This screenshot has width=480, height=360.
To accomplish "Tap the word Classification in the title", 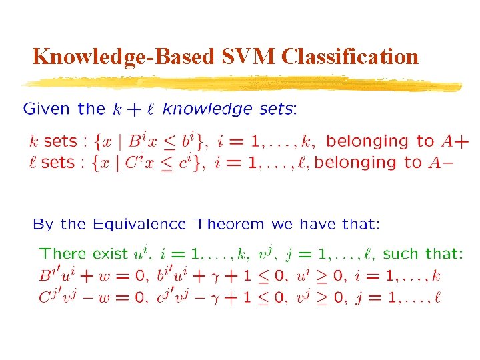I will point(351,57).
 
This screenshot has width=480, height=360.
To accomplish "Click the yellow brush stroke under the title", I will point(240,84).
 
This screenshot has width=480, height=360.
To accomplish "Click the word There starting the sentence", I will point(63,254).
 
